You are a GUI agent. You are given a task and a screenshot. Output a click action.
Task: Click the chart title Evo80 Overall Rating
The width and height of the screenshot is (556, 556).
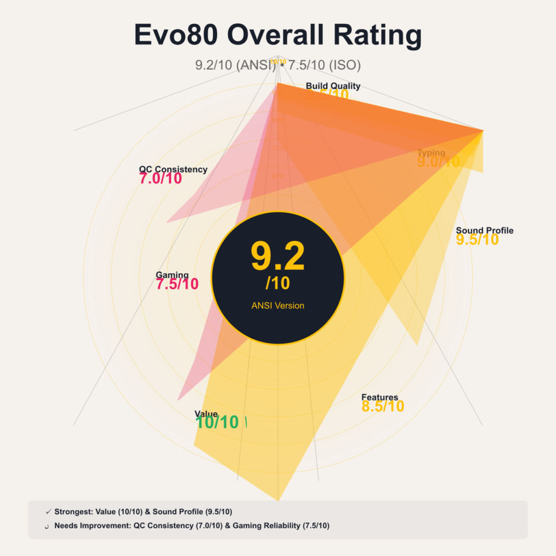[x=277, y=36]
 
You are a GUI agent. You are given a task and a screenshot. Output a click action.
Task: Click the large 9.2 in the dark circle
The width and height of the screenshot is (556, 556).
[x=277, y=257]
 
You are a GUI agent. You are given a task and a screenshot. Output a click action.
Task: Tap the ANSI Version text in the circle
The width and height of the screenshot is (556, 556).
[x=277, y=306]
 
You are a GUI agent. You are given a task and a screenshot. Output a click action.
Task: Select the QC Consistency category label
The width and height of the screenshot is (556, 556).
[x=173, y=169]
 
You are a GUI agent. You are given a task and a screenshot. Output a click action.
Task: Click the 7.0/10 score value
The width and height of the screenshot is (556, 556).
[x=161, y=179]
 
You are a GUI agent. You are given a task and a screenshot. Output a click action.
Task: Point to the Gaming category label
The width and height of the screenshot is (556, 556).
[x=172, y=275]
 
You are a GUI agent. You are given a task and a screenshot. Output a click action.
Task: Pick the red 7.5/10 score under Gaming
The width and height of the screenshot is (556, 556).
[x=177, y=284]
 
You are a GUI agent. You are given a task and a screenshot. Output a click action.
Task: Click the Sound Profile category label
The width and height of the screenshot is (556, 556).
[x=484, y=230]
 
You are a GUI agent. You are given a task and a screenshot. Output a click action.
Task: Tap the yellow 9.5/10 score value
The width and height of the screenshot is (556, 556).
[x=477, y=239]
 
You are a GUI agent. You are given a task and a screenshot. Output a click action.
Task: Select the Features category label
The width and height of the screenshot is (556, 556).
[x=380, y=397]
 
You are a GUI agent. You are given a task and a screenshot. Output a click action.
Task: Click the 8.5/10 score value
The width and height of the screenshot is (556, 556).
[x=383, y=406]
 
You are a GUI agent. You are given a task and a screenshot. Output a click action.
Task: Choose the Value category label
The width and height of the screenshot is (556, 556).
[x=206, y=414]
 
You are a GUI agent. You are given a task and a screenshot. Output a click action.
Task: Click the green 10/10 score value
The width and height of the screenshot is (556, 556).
[x=217, y=422]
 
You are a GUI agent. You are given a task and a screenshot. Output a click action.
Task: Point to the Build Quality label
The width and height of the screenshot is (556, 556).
[x=333, y=86]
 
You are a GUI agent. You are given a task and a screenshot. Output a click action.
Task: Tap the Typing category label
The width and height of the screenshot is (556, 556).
[x=431, y=153]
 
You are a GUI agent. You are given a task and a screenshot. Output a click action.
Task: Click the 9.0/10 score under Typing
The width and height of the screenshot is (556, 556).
[x=438, y=162]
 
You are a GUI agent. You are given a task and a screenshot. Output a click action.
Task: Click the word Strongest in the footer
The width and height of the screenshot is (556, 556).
[x=73, y=511]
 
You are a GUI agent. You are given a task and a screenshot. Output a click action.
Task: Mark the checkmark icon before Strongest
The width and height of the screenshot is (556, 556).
[x=48, y=511]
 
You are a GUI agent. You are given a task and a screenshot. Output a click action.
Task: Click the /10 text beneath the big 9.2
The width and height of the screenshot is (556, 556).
[x=277, y=283]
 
